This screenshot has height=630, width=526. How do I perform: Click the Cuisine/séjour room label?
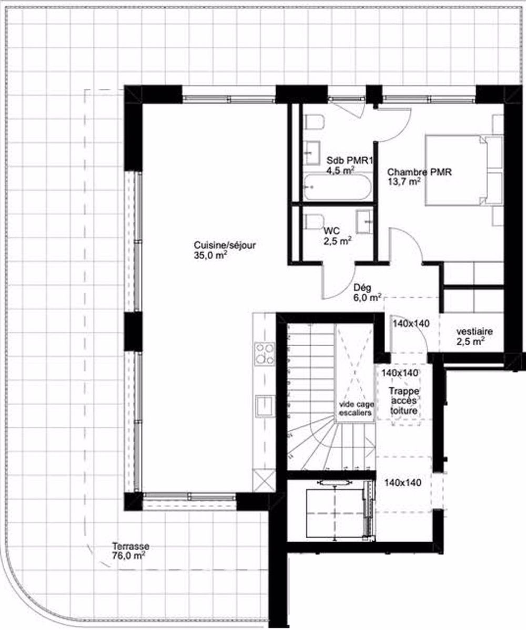(x=225, y=245)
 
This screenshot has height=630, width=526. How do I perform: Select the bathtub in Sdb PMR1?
(x=337, y=187)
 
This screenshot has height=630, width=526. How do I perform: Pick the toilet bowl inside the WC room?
(x=314, y=222)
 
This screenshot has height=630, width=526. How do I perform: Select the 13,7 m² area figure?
(x=403, y=182)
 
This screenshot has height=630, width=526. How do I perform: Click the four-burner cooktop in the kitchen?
(x=264, y=353)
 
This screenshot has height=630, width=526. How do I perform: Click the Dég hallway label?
(x=363, y=287)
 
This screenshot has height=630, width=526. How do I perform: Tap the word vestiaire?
(x=474, y=332)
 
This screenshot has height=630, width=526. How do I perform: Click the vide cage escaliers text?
(x=355, y=409)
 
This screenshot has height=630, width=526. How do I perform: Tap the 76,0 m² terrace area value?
(x=125, y=555)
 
